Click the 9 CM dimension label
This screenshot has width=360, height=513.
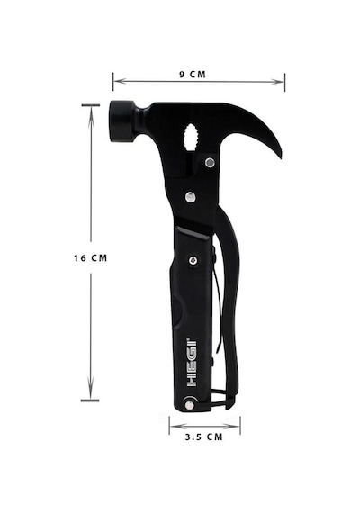point(193,75)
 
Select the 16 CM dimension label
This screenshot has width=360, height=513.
point(90,258)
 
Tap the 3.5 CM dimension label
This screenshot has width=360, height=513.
point(203,436)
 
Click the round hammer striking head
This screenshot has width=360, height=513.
point(122,121)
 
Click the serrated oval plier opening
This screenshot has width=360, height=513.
point(190,137)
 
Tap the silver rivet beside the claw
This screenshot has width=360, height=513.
point(210,162)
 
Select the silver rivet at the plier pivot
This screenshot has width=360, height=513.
point(190,196)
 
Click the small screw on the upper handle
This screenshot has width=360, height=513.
point(193,260)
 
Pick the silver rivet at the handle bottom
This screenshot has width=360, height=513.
point(189,405)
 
